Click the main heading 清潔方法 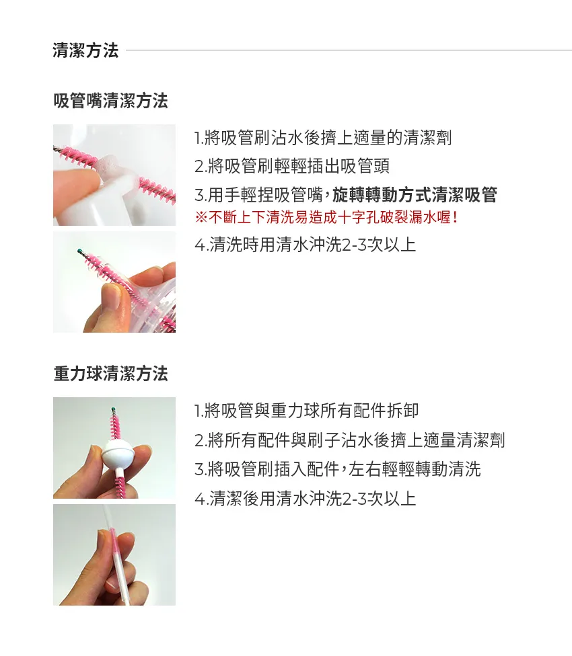point(85,50)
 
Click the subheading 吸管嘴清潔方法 point(110,101)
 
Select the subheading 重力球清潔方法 point(110,374)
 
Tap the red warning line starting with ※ point(326,217)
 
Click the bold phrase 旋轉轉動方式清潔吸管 point(415,195)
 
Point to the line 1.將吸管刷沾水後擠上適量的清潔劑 point(322,138)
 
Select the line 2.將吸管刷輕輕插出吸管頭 point(291,167)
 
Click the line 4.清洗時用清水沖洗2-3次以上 point(305,245)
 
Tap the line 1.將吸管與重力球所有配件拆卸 point(306,410)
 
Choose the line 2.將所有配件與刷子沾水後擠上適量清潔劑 point(349,440)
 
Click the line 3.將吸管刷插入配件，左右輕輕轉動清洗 point(337,469)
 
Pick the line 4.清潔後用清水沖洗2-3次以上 point(305,498)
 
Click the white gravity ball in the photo point(120,455)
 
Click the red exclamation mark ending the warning point(456,217)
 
